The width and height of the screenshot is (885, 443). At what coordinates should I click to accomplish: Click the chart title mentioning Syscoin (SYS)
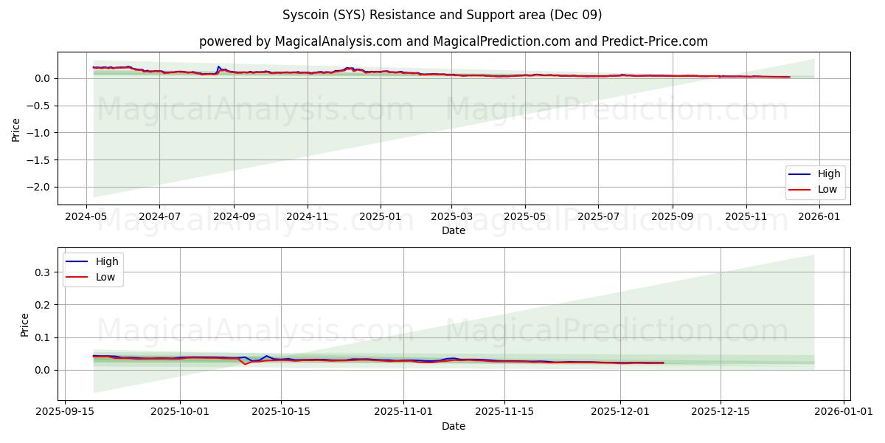[x=442, y=15]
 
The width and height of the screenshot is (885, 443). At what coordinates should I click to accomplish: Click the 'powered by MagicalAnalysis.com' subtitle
[x=453, y=41]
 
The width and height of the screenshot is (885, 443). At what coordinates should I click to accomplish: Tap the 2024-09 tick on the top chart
[x=233, y=216]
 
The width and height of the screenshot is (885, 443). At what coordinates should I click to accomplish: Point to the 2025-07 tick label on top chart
[x=597, y=216]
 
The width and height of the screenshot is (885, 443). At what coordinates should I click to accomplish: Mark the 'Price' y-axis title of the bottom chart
[x=25, y=325]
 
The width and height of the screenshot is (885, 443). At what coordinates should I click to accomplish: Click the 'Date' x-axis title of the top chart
[x=453, y=230]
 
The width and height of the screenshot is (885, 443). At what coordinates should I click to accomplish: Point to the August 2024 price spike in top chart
[x=218, y=66]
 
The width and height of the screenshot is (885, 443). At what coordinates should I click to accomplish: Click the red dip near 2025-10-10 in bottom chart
[x=246, y=364]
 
